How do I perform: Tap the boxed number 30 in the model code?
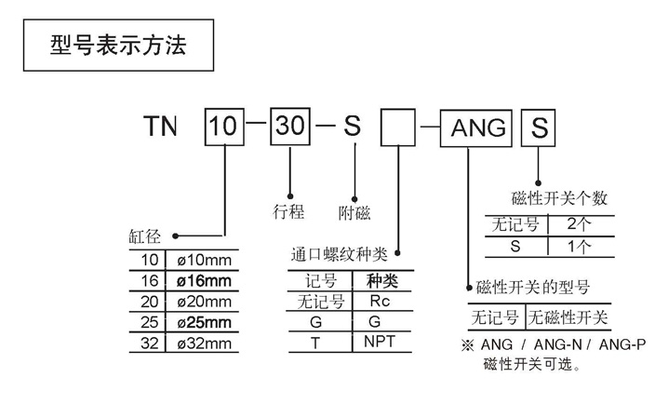(x=290, y=128)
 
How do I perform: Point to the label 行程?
(x=289, y=211)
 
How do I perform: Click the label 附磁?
(x=355, y=212)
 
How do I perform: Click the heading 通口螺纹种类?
(x=339, y=253)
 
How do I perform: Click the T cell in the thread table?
(x=319, y=342)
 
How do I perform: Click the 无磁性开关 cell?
(x=568, y=316)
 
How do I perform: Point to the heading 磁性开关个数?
(x=559, y=198)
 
